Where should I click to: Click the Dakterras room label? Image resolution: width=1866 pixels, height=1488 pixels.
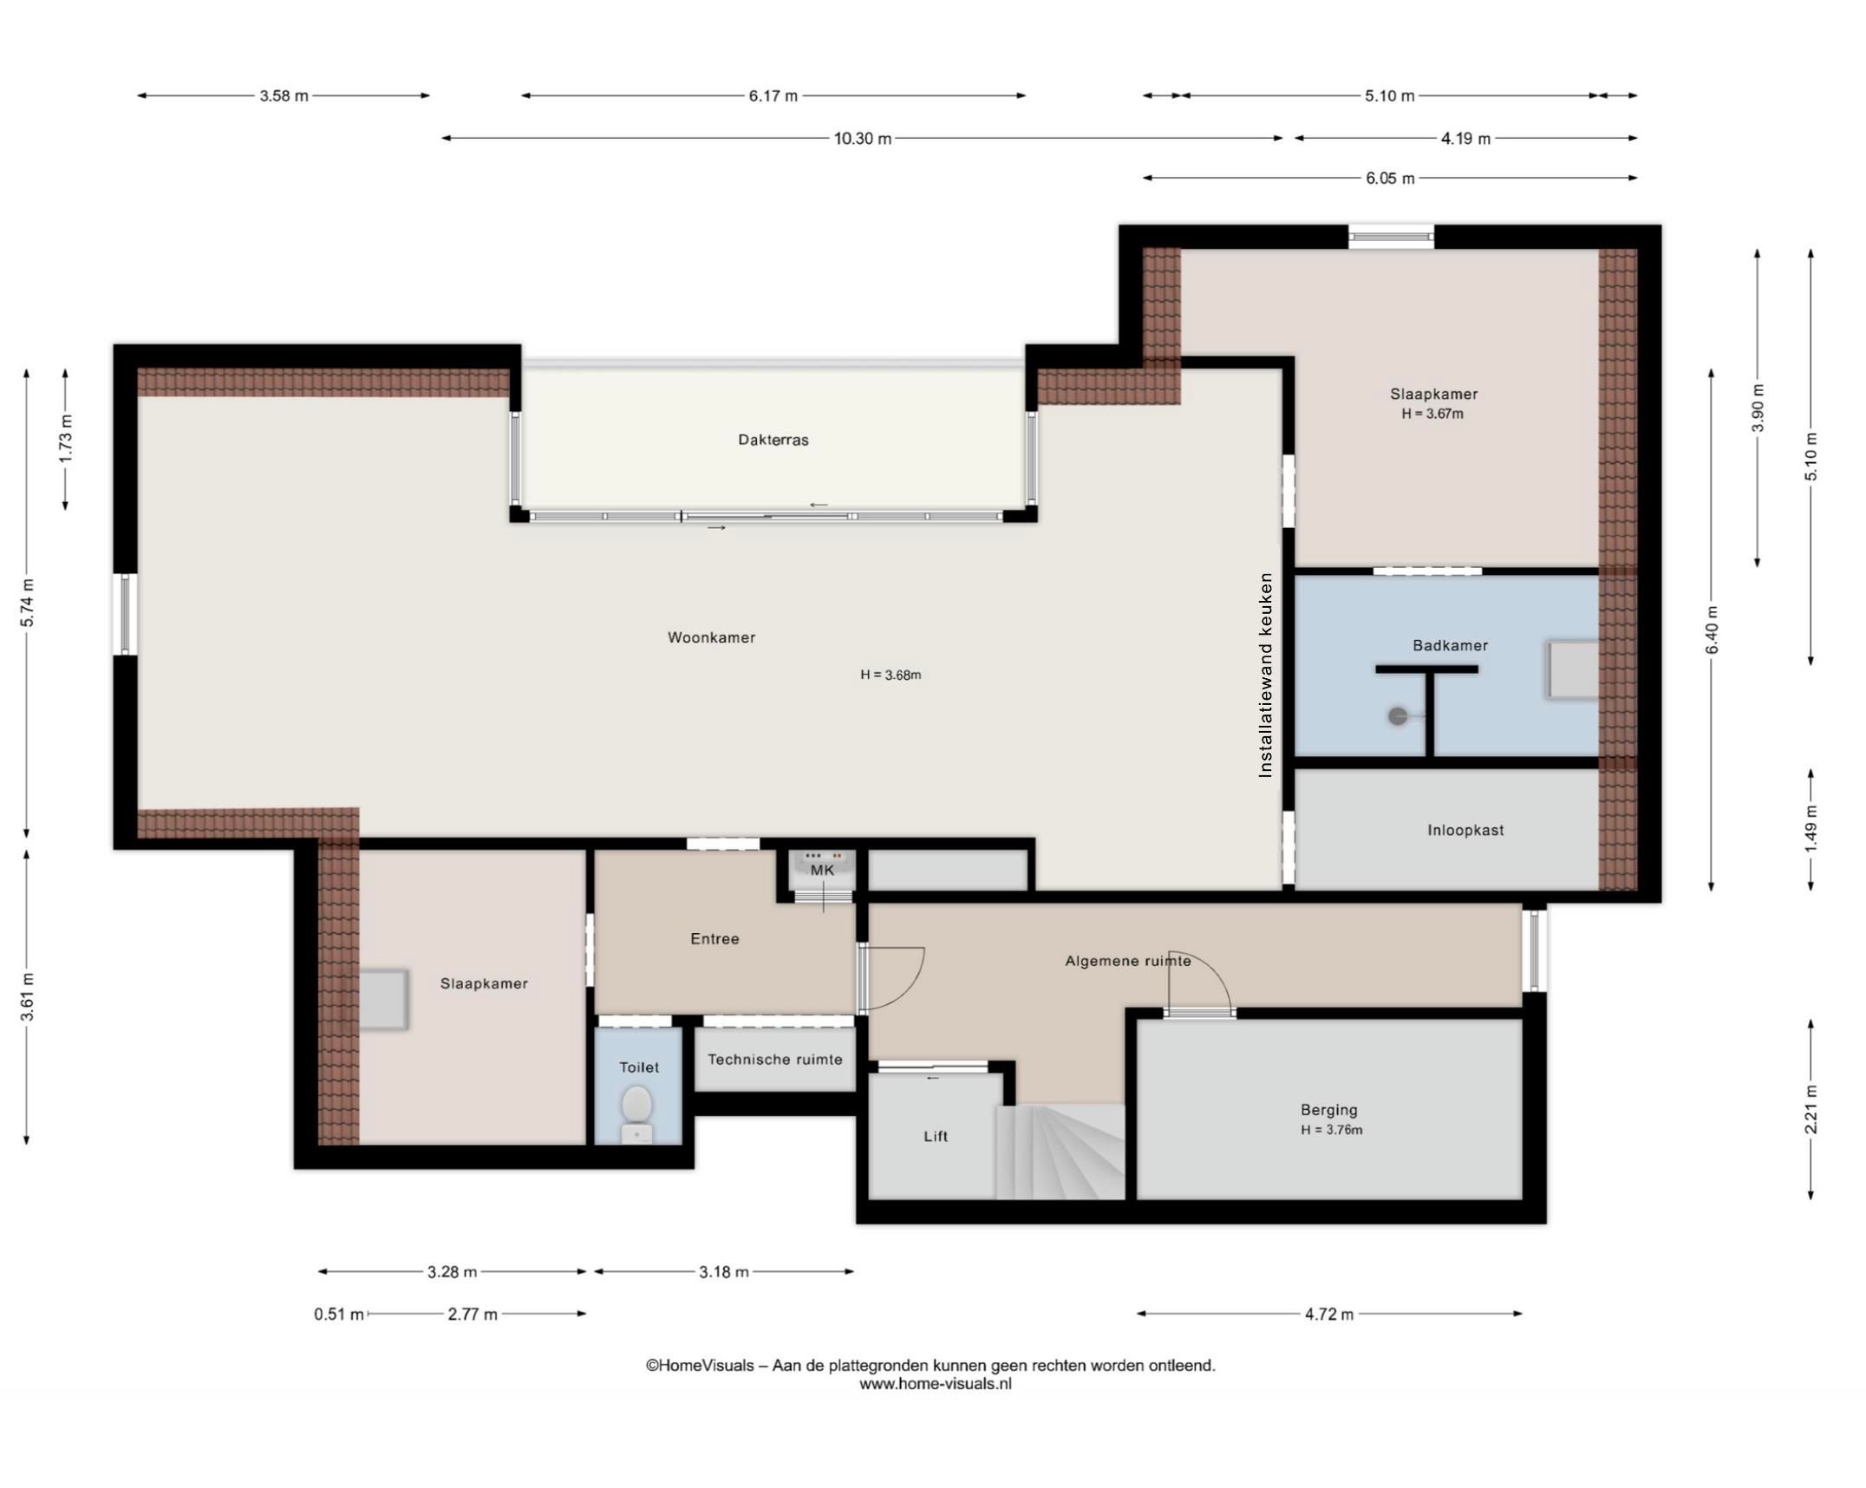[773, 440]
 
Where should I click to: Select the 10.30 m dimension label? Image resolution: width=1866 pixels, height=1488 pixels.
[862, 139]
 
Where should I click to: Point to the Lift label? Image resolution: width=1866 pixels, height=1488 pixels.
[935, 1136]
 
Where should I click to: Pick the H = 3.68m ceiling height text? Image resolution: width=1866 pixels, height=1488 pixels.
[890, 675]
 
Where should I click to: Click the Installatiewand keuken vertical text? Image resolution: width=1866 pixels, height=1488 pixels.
[1265, 675]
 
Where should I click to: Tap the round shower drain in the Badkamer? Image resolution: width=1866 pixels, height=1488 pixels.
[1397, 716]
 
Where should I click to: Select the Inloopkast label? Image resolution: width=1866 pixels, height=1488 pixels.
[1465, 830]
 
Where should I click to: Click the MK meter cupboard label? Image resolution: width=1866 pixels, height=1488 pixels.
[821, 870]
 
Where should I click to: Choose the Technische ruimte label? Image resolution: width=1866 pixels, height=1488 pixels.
[774, 1059]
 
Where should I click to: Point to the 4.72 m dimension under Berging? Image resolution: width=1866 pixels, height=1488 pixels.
[1328, 1314]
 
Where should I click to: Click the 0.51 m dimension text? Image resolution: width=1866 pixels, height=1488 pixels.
[338, 1315]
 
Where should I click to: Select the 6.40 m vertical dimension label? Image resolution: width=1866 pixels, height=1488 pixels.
[1711, 630]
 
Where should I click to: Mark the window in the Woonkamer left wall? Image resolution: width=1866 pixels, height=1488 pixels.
[125, 614]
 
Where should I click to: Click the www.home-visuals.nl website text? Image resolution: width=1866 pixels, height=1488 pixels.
[935, 1384]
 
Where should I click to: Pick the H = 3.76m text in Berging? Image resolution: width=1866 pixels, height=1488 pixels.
[1331, 1130]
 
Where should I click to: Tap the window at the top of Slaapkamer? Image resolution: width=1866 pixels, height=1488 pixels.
[1390, 237]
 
